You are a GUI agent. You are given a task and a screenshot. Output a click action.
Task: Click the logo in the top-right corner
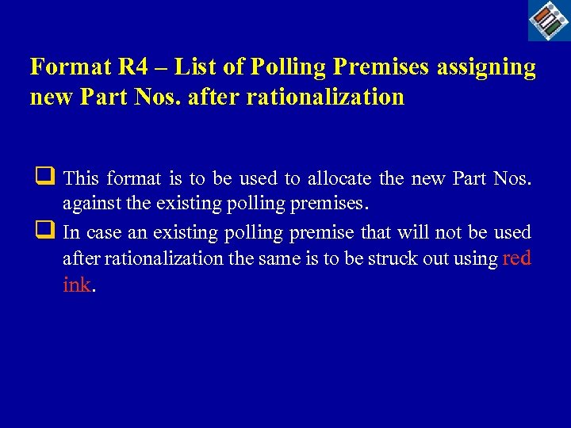pyautogui.click(x=549, y=20)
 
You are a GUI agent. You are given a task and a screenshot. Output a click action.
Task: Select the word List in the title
pyautogui.click(x=193, y=67)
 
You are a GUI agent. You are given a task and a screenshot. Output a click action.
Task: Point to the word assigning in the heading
pyautogui.click(x=485, y=67)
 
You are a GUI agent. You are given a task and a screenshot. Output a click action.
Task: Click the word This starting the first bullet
pyautogui.click(x=81, y=178)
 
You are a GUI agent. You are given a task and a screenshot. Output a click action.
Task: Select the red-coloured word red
pyautogui.click(x=517, y=258)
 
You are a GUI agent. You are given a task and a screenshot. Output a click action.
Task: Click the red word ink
pyautogui.click(x=77, y=285)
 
